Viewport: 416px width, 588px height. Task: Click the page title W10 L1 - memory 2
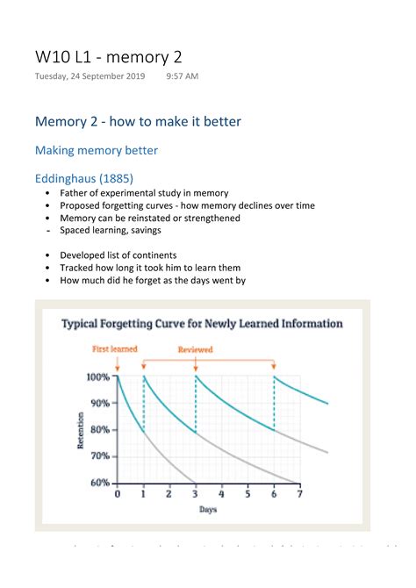109,57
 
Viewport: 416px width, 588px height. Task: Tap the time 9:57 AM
182,76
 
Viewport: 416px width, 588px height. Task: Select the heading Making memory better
96,150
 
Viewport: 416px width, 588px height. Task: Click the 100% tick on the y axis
97,377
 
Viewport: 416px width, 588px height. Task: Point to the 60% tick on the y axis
99,483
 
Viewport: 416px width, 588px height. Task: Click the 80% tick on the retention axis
99,430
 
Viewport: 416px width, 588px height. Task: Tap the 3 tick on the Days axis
195,494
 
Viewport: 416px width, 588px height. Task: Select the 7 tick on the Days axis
300,494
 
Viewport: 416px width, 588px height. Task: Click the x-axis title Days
208,509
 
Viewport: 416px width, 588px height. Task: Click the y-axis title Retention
82,430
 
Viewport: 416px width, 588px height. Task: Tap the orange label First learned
116,349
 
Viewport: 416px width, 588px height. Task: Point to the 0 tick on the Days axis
118,494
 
